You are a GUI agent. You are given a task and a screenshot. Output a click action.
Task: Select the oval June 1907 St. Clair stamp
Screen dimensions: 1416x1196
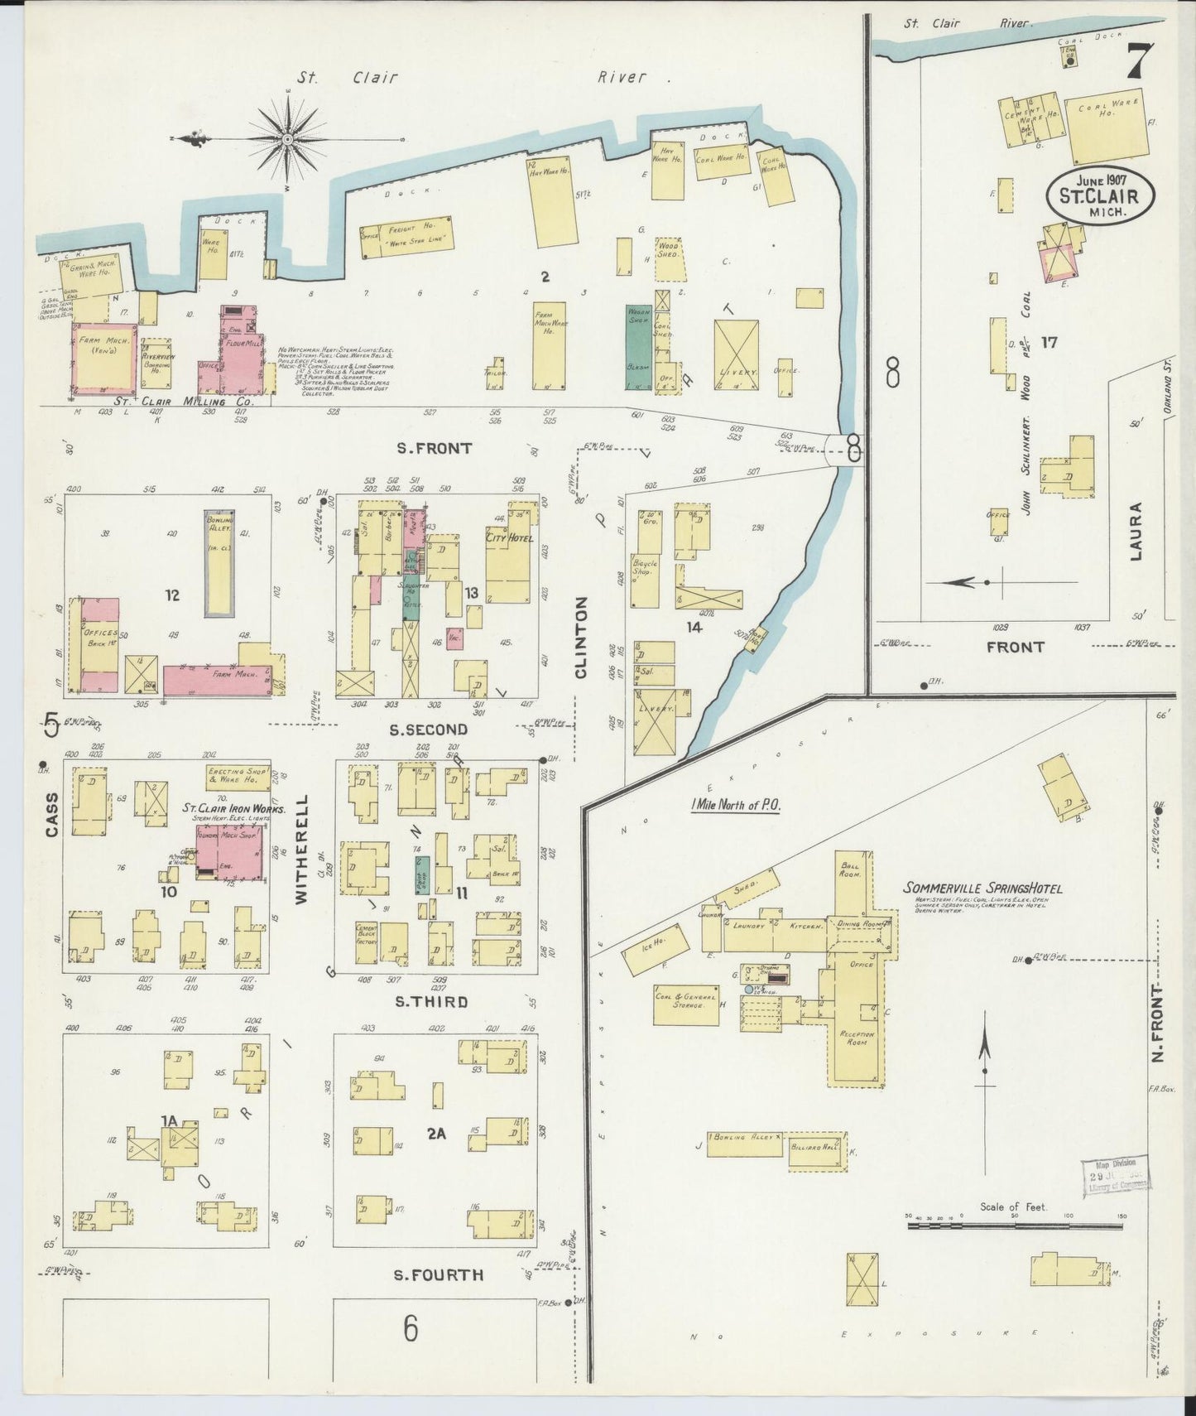1098,196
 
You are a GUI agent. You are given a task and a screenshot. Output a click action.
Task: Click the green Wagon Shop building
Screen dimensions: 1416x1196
638,346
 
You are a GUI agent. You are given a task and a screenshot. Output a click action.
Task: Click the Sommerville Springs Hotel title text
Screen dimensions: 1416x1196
982,889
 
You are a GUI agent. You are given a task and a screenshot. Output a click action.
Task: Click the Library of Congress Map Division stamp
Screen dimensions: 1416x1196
1116,1176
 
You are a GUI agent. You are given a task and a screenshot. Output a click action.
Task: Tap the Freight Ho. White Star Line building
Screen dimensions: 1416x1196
407,235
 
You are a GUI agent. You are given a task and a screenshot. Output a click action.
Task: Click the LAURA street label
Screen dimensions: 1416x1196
1135,531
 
